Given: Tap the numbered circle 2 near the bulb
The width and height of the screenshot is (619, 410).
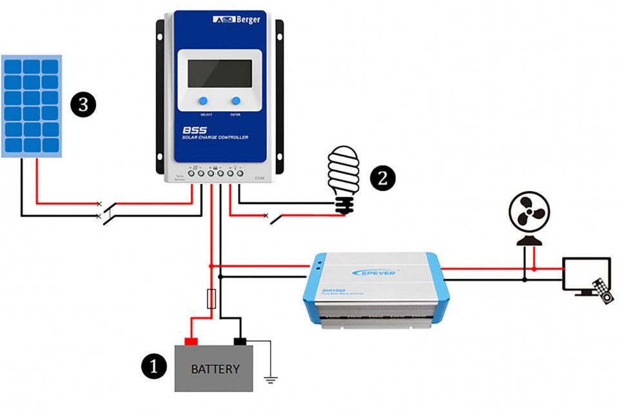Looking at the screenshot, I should coord(382,178).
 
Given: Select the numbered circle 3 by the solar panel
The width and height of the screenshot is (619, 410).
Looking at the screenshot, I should coord(83,104).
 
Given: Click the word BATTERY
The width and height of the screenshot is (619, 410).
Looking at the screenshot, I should coord(215,369).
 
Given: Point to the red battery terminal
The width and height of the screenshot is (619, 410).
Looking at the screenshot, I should coord(191,340).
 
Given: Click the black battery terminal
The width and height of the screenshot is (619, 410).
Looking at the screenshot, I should coord(240,340).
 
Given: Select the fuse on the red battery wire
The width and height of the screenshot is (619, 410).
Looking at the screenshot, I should coord(211,299).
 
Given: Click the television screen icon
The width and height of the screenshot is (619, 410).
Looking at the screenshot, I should coord(585,274).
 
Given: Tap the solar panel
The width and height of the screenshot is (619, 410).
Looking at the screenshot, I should coord(32,106).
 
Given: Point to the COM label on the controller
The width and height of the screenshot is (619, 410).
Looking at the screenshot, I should coord(260,178).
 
